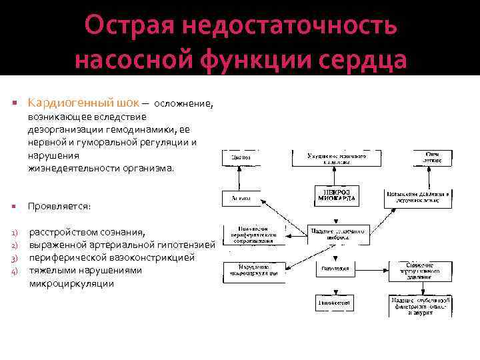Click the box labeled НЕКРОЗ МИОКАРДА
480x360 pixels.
point(337,195)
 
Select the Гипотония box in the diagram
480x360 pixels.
point(337,269)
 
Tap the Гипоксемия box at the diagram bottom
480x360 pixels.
point(337,302)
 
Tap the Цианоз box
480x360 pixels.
point(241,158)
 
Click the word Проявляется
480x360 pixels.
point(59,207)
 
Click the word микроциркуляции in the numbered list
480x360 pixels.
point(71,283)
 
